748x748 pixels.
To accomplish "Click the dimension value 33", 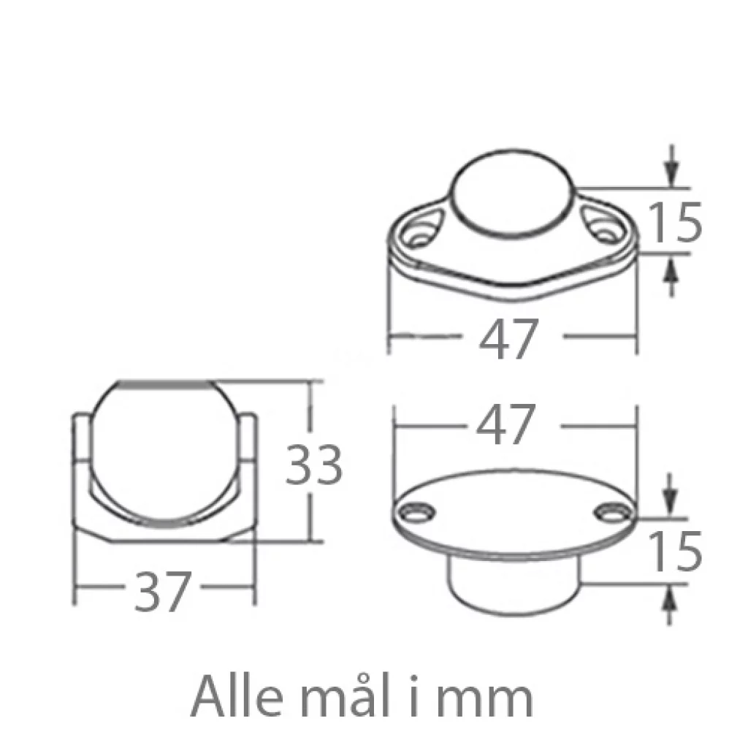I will click(313, 465).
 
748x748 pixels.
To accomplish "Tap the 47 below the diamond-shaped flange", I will click(508, 339).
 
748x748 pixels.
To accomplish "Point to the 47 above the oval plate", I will click(505, 424).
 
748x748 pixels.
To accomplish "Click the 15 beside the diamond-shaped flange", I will click(676, 222).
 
